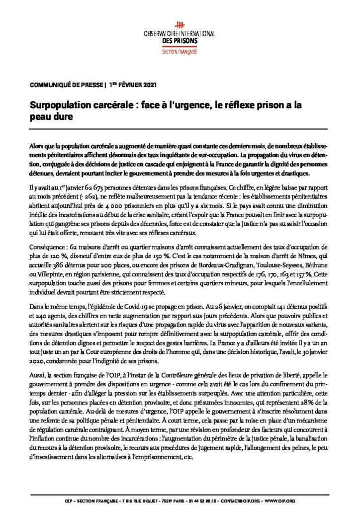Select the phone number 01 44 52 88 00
211,499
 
